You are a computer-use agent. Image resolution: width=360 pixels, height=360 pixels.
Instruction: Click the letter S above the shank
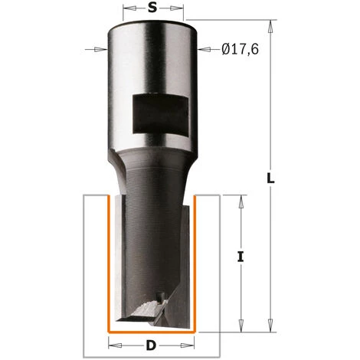(x=152, y=9)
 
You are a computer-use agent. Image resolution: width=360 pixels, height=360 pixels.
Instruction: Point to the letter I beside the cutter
(x=241, y=257)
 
